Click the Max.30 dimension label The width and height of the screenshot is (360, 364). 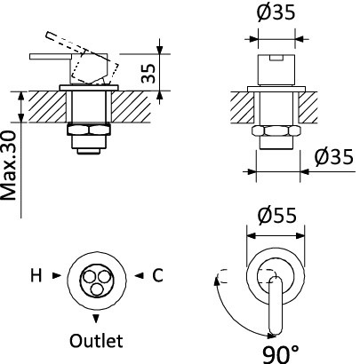pyautogui.click(x=8, y=166)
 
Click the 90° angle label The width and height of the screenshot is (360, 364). pyautogui.click(x=281, y=354)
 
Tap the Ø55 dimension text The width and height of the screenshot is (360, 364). pyautogui.click(x=276, y=215)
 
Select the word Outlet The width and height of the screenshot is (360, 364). pyautogui.click(x=96, y=341)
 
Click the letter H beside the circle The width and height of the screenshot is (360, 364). pyautogui.click(x=36, y=276)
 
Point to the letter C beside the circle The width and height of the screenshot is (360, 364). pyautogui.click(x=157, y=275)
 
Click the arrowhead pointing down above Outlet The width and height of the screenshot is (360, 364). pyautogui.click(x=96, y=319)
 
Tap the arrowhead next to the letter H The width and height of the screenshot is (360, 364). pyautogui.click(x=57, y=275)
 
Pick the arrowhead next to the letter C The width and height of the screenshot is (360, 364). pyautogui.click(x=139, y=275)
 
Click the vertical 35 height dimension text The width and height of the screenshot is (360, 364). pyautogui.click(x=148, y=73)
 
